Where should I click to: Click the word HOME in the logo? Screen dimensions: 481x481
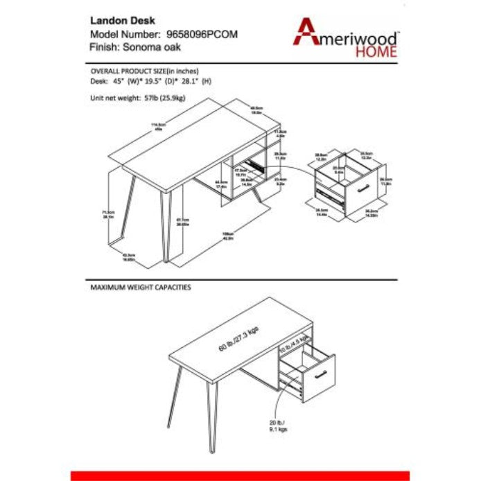[x=376, y=50]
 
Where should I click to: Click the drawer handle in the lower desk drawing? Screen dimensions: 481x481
[x=320, y=375]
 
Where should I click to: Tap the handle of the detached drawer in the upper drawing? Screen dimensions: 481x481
[x=362, y=189]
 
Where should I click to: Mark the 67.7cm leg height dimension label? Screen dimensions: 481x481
[x=183, y=222]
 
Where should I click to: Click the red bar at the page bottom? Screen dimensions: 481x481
[x=240, y=475]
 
